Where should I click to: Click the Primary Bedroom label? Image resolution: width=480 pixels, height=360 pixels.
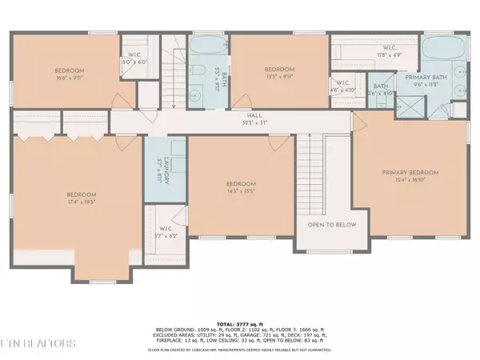410,173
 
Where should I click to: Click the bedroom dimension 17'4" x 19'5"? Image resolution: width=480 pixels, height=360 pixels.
81,203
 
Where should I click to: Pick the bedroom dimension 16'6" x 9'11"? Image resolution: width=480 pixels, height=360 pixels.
70,78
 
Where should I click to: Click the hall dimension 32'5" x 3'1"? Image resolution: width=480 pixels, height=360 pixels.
234,122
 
